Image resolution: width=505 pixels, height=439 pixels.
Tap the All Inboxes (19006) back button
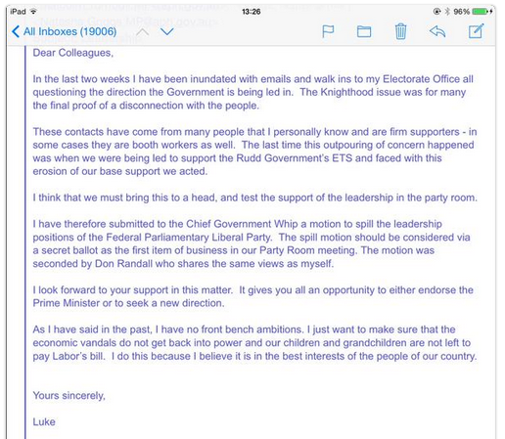[64, 32]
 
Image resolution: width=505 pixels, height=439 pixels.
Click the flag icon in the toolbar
[328, 32]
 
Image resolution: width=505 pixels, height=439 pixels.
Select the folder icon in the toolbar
[364, 32]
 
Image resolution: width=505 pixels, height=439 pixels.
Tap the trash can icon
[400, 32]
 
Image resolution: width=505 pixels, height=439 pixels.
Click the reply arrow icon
[437, 32]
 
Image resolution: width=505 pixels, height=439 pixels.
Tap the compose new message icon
[477, 32]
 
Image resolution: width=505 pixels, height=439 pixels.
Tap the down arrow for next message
[167, 32]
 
